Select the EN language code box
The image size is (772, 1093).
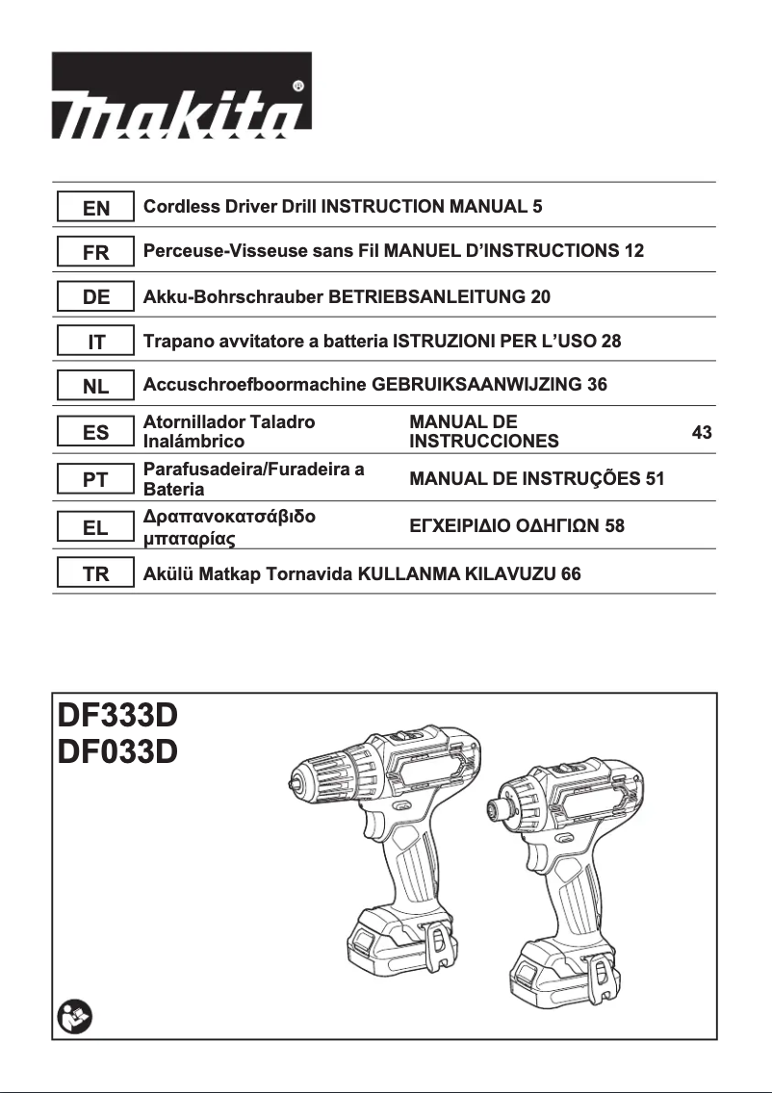[96, 207]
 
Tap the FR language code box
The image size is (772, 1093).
[96, 252]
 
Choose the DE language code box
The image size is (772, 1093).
[96, 297]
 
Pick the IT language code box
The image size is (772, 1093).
[96, 342]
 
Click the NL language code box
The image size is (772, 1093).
[96, 387]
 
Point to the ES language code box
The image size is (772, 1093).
[96, 433]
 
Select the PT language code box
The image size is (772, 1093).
[96, 479]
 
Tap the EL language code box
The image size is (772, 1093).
[96, 526]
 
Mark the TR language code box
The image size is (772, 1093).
[96, 573]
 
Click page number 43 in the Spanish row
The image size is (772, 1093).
[702, 433]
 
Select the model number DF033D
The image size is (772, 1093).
[118, 750]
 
